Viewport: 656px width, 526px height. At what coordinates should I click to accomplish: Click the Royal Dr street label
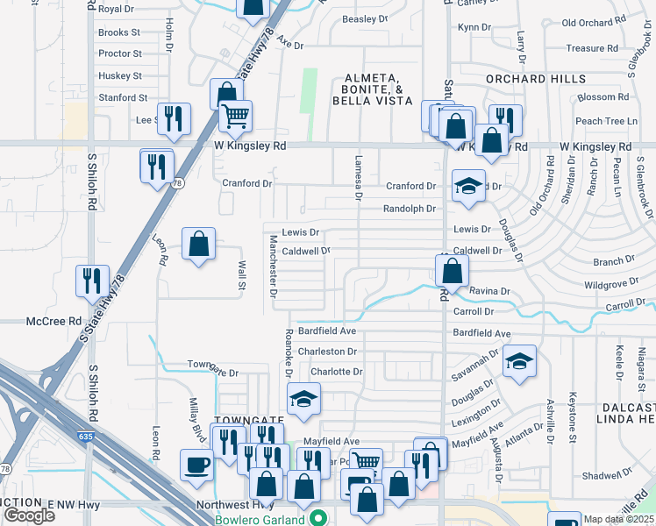(117, 9)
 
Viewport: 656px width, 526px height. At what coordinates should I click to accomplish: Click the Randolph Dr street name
(409, 209)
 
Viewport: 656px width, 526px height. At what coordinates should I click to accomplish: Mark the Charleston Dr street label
(327, 352)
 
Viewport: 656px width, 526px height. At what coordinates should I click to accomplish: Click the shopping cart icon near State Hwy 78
(235, 115)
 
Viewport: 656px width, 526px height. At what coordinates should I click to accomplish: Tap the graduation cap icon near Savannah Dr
(519, 360)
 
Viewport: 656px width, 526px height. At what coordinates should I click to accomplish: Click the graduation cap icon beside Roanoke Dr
(304, 399)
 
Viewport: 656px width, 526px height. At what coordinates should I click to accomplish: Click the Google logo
(28, 515)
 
